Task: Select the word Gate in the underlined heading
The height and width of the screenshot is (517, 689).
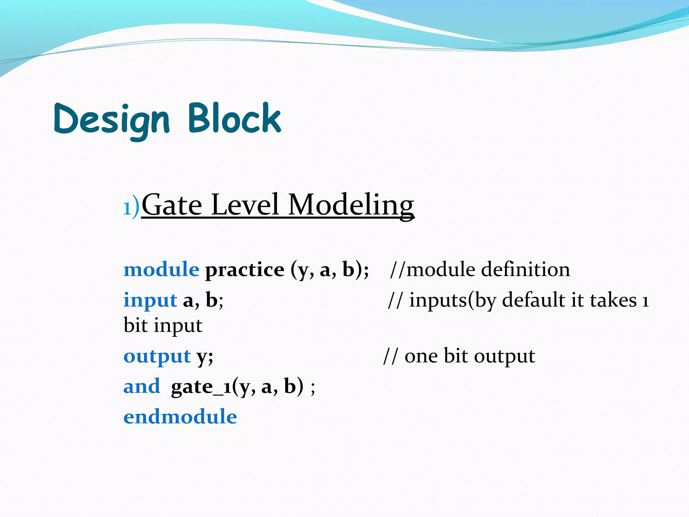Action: click(x=172, y=205)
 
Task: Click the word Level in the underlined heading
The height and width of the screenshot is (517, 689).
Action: click(x=245, y=205)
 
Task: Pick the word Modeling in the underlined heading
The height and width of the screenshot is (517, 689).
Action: click(x=351, y=205)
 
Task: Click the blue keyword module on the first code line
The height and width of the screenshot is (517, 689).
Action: click(x=161, y=270)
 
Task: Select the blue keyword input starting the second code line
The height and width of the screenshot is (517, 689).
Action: click(x=150, y=300)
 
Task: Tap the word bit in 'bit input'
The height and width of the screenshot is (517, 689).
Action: click(x=136, y=325)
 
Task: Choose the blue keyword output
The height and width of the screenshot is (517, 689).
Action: click(x=157, y=356)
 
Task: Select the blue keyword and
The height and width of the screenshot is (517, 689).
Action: click(x=142, y=386)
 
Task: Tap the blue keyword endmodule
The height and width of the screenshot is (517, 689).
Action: click(x=180, y=417)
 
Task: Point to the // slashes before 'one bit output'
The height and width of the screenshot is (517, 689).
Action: click(x=390, y=356)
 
